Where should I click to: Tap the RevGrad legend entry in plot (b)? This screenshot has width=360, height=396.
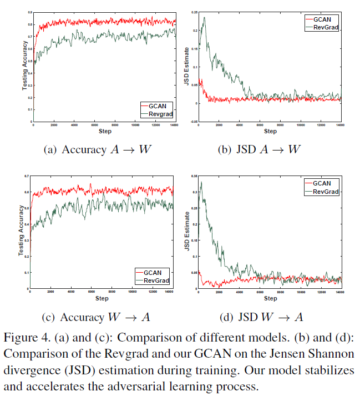coord(327,26)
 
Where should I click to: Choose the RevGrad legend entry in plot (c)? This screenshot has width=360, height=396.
coord(156,280)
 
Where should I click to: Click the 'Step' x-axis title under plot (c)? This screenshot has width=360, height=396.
coord(102,299)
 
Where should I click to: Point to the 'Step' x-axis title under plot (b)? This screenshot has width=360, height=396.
coord(270,132)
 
